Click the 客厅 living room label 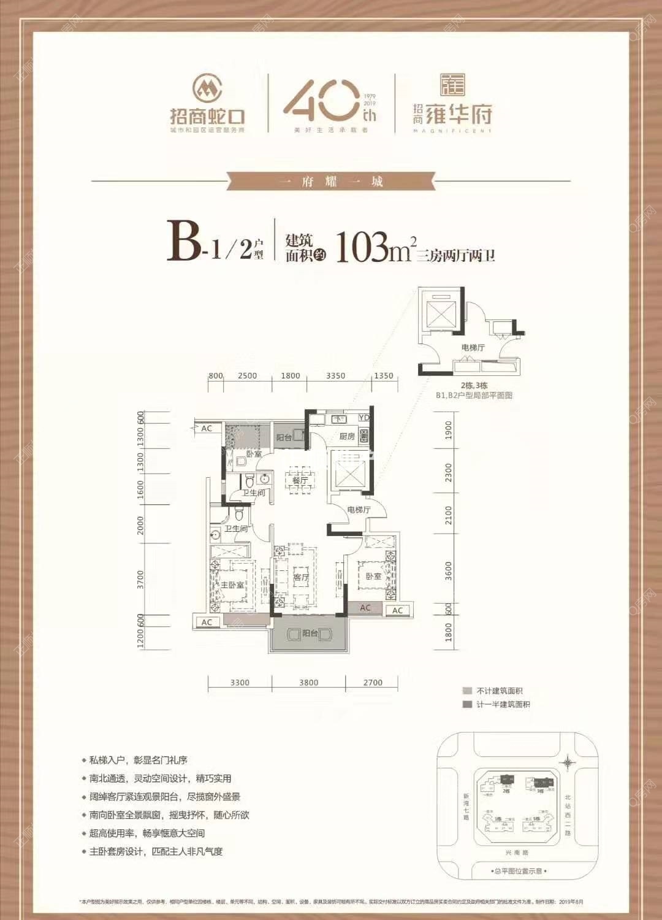click(x=301, y=577)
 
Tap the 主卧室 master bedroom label click(x=232, y=585)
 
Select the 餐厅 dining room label click(x=300, y=480)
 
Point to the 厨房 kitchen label click(x=347, y=436)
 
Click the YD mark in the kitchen click(x=364, y=418)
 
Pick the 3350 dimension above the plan click(x=335, y=376)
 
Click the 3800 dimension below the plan click(x=308, y=682)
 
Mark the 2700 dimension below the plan click(x=373, y=682)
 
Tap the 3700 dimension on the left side click(x=140, y=578)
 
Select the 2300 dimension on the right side click(x=449, y=472)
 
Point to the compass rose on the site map click(x=568, y=762)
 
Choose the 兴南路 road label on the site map click(x=516, y=853)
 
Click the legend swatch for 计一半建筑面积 click(x=468, y=704)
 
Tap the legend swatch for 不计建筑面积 click(x=468, y=691)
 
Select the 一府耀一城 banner click(x=330, y=181)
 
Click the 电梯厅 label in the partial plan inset click(x=473, y=348)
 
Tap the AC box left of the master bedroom click(x=207, y=622)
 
